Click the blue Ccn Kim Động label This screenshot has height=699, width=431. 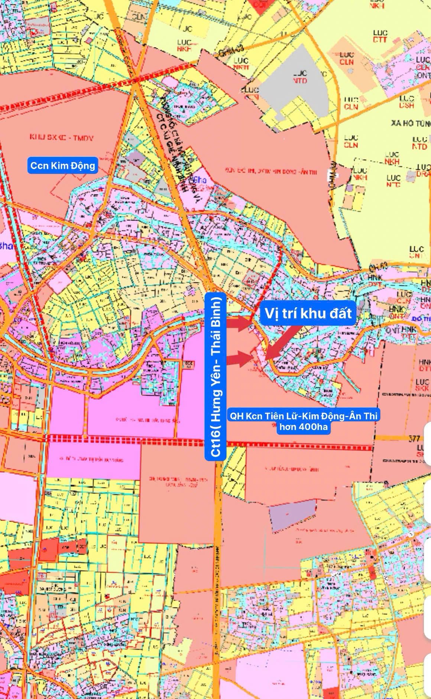[62, 165]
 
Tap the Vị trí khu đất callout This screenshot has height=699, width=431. [308, 314]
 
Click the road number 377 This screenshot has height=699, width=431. [414, 439]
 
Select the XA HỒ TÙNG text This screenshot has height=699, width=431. [410, 123]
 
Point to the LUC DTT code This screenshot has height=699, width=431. [380, 36]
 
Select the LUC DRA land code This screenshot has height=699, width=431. [423, 171]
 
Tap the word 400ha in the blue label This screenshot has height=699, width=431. [311, 427]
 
